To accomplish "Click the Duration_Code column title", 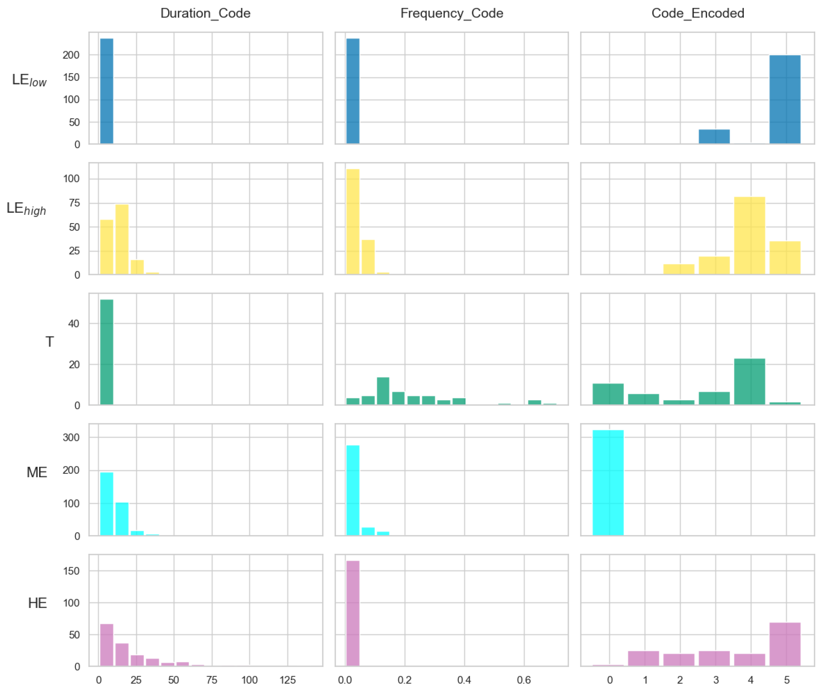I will click(x=205, y=13).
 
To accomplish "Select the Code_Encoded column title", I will click(x=698, y=13).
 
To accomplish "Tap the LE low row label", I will click(x=29, y=80).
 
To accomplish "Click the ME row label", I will click(x=37, y=472).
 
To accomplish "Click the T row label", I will click(x=49, y=342).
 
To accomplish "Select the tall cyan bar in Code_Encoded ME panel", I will click(x=608, y=482).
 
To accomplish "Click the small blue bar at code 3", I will click(x=714, y=137).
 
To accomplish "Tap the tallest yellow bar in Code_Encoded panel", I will click(x=749, y=235).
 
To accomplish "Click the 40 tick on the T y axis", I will click(x=74, y=324).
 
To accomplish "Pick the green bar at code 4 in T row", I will click(x=749, y=381).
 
